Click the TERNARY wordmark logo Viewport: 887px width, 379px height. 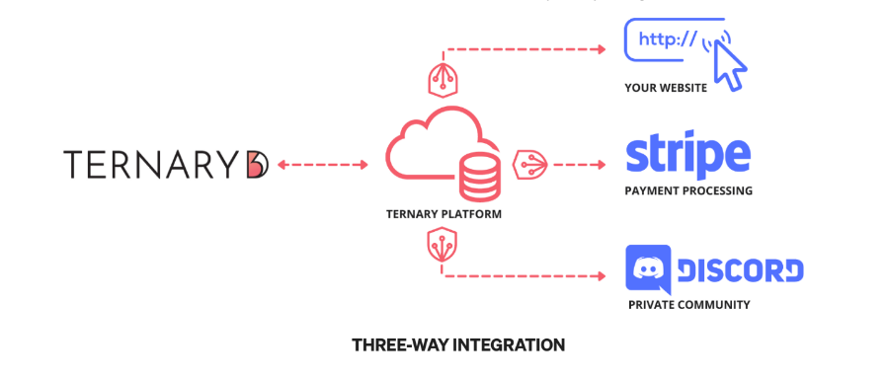(x=153, y=164)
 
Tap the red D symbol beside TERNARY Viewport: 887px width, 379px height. (x=256, y=164)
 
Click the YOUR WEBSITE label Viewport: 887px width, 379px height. (x=665, y=88)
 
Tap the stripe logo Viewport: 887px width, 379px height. (x=688, y=156)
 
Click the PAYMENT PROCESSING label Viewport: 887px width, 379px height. (x=688, y=190)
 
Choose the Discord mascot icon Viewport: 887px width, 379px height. (x=649, y=268)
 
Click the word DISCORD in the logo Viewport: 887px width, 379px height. (x=741, y=269)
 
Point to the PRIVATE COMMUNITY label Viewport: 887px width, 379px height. (x=688, y=305)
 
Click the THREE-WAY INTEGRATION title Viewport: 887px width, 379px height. (x=458, y=345)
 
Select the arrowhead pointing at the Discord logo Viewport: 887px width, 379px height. (x=600, y=275)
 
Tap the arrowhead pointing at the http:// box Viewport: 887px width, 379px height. (x=600, y=47)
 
